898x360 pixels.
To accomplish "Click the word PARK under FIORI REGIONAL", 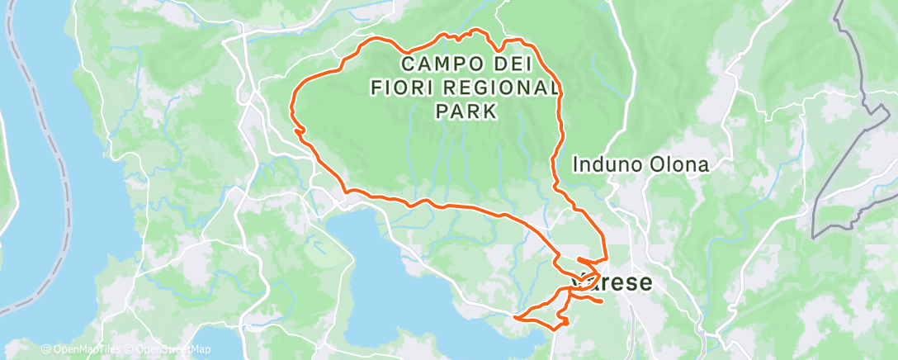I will point(466,111).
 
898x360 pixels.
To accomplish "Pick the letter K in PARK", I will point(490,111).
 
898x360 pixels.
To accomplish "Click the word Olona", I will point(678,165).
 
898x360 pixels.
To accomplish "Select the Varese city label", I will point(616,282).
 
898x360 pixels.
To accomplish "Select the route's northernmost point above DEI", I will point(475,31).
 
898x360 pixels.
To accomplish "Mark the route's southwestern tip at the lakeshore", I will point(515,317).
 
